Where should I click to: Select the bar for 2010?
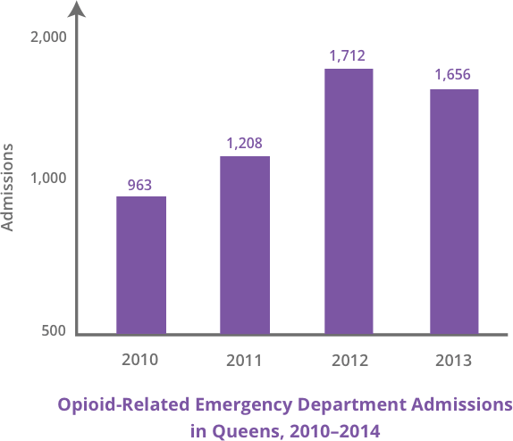[141, 265]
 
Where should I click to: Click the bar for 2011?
[245, 245]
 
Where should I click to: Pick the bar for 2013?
[453, 212]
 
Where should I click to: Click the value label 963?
[139, 185]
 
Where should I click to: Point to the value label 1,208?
[244, 143]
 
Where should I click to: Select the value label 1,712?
[348, 55]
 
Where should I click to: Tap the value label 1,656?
[452, 75]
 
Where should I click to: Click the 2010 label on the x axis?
[139, 361]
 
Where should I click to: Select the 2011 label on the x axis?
[243, 362]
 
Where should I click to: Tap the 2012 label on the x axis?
[349, 362]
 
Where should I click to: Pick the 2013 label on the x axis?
[453, 362]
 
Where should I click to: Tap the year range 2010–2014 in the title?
[330, 429]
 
